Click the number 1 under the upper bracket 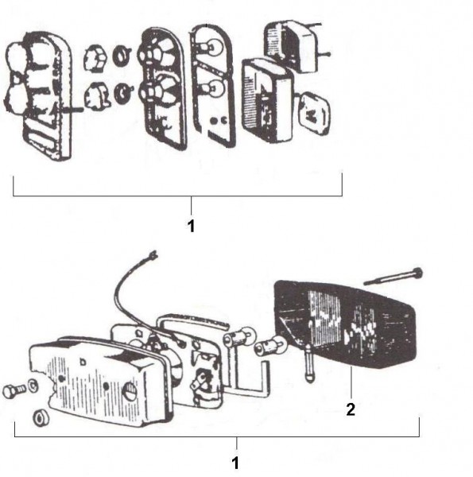click(191, 226)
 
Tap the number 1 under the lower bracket click(235, 463)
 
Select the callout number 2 click(351, 409)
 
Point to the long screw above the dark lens click(394, 277)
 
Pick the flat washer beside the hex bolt click(33, 386)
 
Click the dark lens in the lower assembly click(345, 324)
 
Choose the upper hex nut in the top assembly click(95, 59)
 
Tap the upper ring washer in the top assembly click(122, 56)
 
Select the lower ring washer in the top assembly click(123, 93)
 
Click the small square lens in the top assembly click(315, 114)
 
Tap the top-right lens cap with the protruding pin click(293, 46)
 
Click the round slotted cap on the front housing click(130, 391)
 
